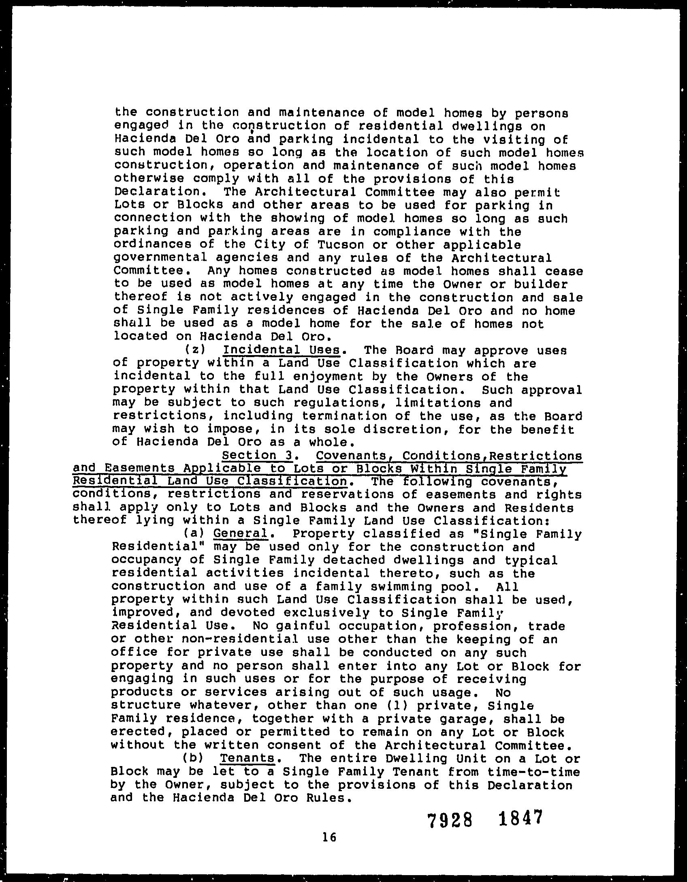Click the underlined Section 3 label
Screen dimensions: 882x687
258,456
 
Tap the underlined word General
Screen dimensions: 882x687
241,533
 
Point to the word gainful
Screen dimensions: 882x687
303,626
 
